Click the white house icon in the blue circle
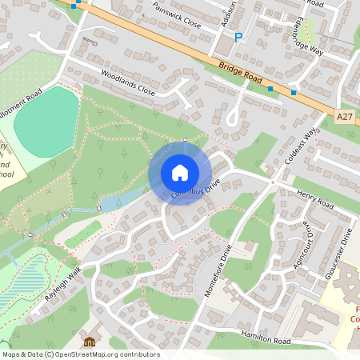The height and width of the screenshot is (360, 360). [180, 173]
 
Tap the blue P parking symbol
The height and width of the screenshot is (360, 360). [238, 37]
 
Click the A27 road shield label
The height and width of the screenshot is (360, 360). [344, 117]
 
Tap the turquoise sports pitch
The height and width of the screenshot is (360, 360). [46, 116]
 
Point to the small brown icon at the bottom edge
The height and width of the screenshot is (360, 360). [89, 342]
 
